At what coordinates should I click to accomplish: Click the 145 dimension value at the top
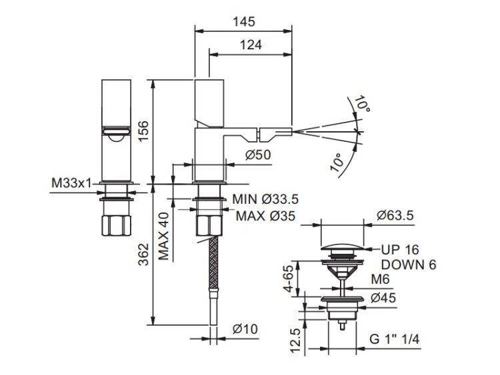244,22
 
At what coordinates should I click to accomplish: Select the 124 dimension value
251,45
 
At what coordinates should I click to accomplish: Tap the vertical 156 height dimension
143,131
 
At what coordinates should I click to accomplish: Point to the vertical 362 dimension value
143,254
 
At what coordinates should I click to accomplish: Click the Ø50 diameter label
258,155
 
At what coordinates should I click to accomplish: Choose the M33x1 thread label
71,183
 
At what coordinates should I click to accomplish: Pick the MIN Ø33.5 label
265,199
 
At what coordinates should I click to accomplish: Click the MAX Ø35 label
265,216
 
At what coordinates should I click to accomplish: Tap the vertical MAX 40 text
163,236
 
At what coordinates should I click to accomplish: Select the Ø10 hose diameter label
245,329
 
